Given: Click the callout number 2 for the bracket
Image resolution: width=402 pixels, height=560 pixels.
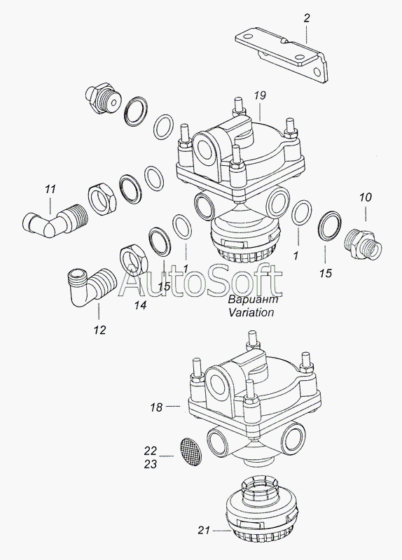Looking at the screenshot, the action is pos(307,18).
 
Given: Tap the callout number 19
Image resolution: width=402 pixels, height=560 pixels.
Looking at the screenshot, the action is pos(260,95).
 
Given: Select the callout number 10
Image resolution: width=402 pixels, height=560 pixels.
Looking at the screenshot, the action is pos(366,197).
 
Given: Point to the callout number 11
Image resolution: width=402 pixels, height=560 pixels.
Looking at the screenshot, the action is pos(50,188).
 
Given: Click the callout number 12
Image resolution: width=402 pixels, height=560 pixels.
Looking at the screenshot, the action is pos(100,330).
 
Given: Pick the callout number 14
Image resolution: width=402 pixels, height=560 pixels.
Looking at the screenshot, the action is pos(141,305).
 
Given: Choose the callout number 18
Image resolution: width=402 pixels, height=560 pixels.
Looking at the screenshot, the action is pos(156,407).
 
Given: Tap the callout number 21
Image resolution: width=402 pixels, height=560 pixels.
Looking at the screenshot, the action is pos(204,531).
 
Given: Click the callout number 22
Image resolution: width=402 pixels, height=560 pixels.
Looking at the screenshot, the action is pos(151,451).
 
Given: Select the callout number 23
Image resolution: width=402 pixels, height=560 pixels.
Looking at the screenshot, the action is pos(151,464).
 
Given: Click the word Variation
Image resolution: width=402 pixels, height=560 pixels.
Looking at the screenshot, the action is pos(251,312).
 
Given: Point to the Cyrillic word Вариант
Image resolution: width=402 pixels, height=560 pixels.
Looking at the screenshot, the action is pos(254,299).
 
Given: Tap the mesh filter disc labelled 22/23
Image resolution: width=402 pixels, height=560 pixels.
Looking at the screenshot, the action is pos(190,452).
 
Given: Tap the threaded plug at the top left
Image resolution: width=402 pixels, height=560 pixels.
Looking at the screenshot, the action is pos(102,98).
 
